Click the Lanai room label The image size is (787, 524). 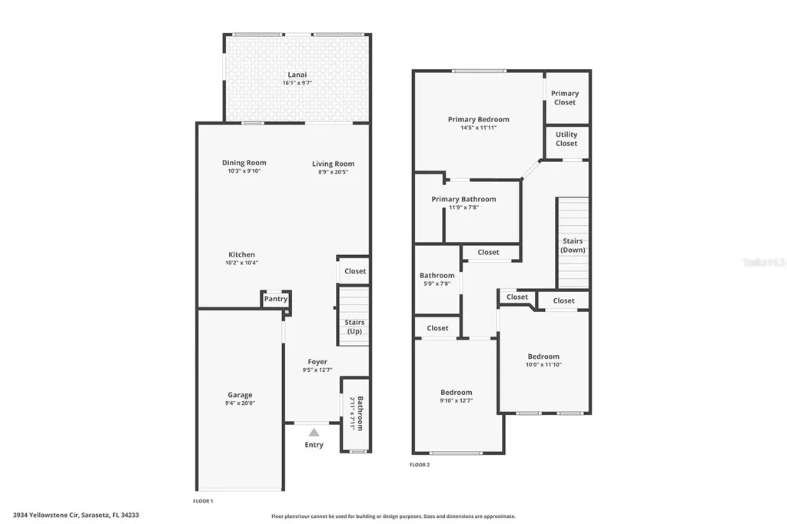(x=297, y=75)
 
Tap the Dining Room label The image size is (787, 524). (x=244, y=163)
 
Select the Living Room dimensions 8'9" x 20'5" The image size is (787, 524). (x=333, y=172)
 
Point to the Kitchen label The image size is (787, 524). (x=241, y=254)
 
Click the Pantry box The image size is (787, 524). (x=275, y=299)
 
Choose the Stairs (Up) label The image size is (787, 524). (x=354, y=327)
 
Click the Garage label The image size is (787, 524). (x=239, y=395)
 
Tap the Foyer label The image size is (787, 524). (x=317, y=362)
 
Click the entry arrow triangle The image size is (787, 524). (x=314, y=433)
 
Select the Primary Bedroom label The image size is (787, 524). (x=478, y=119)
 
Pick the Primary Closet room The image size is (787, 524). (x=565, y=98)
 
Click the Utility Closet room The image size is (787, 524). (x=566, y=139)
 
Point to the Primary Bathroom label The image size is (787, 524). (x=463, y=199)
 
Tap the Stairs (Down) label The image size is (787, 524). (x=573, y=245)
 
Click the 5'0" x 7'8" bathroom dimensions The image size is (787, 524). (x=437, y=284)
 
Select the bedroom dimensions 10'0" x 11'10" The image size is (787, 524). (x=543, y=365)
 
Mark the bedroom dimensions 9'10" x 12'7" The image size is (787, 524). (x=456, y=400)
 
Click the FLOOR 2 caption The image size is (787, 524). (x=420, y=465)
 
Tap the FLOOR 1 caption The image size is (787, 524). (x=203, y=501)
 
